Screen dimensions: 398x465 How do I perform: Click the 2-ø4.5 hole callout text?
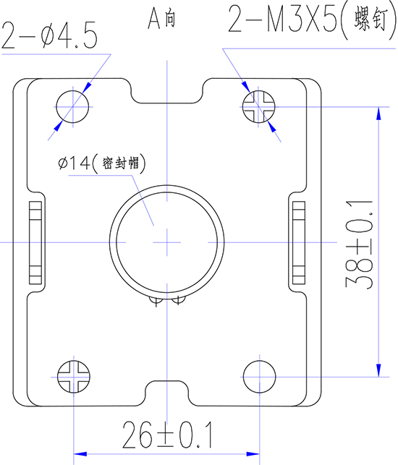click(x=49, y=35)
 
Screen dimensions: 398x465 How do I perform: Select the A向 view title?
click(x=161, y=19)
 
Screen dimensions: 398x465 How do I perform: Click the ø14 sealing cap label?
click(x=102, y=163)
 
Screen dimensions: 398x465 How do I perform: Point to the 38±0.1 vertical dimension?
click(x=360, y=244)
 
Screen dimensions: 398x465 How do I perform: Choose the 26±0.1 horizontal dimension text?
click(x=168, y=435)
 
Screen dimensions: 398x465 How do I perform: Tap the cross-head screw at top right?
click(x=259, y=107)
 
